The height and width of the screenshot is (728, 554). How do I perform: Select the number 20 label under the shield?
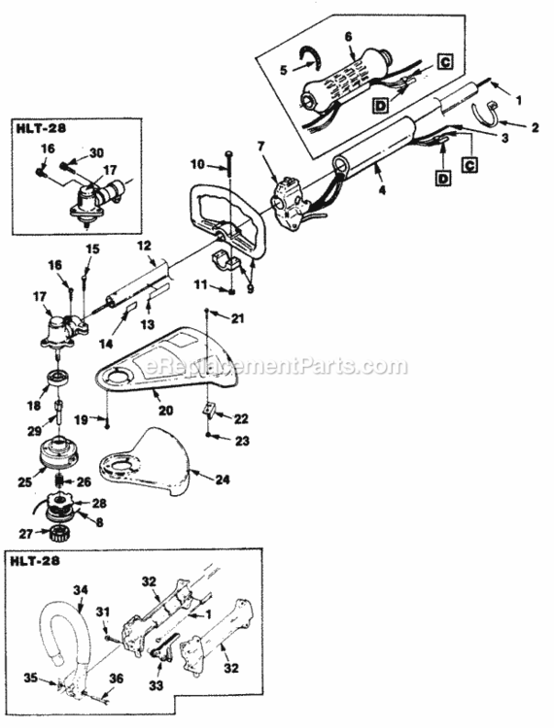[x=166, y=411]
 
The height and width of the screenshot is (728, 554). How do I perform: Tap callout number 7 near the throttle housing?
[x=260, y=147]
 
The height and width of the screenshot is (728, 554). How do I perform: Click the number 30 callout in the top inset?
[x=94, y=152]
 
